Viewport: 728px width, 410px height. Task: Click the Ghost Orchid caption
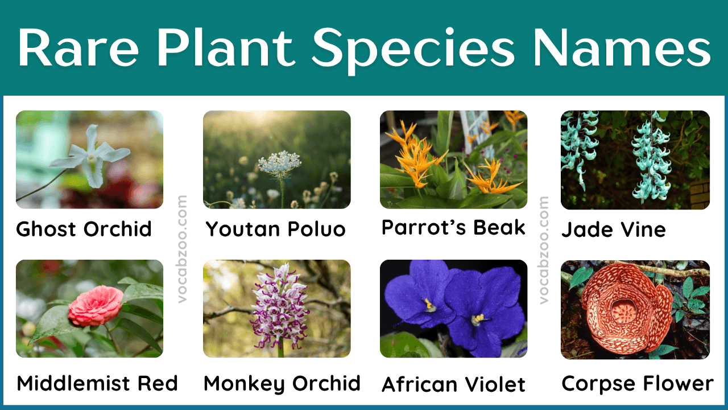click(x=84, y=229)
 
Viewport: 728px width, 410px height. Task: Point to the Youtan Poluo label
click(x=276, y=229)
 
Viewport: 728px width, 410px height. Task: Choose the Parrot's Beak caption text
click(x=453, y=228)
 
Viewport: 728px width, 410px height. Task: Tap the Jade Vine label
click(x=613, y=230)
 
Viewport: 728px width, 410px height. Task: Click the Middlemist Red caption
click(x=97, y=383)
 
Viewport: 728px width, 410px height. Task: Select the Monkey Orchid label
click(x=282, y=383)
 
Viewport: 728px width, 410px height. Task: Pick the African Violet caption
click(x=453, y=385)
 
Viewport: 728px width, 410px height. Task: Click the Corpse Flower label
click(x=637, y=384)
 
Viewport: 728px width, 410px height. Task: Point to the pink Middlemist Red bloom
click(x=96, y=306)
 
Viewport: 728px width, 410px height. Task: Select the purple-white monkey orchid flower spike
click(x=279, y=306)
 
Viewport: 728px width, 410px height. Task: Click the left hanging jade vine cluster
click(x=578, y=145)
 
